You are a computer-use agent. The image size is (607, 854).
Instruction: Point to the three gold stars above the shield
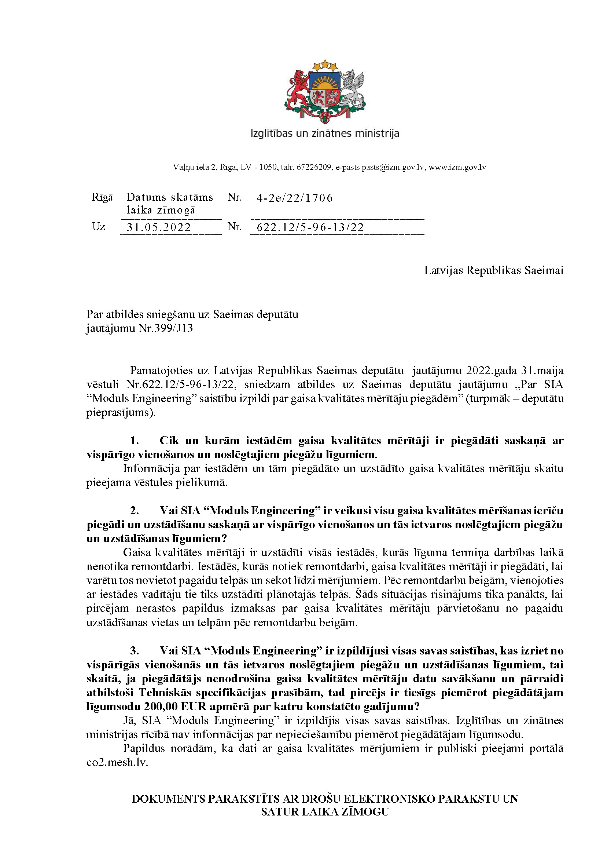pos(325,65)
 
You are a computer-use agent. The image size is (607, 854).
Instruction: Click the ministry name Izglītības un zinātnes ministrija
pos(324,134)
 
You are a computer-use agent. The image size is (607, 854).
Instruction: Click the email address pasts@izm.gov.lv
pos(393,167)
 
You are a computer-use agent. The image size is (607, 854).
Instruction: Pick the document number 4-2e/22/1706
pos(295,198)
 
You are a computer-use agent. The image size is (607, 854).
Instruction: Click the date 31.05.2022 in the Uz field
pos(159,227)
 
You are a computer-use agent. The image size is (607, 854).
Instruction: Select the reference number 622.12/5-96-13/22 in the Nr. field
pos(310,227)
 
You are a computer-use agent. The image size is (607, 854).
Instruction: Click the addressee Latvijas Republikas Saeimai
pos(493,270)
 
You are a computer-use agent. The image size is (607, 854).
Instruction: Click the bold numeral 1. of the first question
pos(135,441)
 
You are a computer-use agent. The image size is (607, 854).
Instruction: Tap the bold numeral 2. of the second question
pos(135,511)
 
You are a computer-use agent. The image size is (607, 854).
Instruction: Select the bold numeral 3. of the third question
pos(135,651)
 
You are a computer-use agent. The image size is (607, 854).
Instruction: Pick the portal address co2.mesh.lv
pos(117,762)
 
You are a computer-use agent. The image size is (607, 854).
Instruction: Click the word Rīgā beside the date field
pos(102,197)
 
